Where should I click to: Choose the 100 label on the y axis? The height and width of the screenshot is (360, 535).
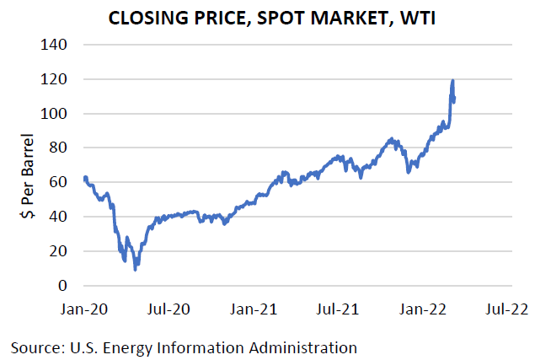[x=57, y=113]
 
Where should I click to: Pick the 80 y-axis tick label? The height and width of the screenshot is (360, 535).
[x=62, y=148]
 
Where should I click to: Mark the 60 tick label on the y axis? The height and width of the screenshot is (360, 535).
[x=62, y=182]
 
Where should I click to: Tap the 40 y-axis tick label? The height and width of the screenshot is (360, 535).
[x=62, y=217]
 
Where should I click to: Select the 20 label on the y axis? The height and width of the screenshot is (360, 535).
[x=62, y=251]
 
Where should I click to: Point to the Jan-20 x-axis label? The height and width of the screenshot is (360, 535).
[x=85, y=309]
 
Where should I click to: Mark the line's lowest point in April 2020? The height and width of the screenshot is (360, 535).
[x=136, y=269]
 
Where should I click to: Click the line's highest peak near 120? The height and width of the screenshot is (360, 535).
[x=453, y=81]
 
